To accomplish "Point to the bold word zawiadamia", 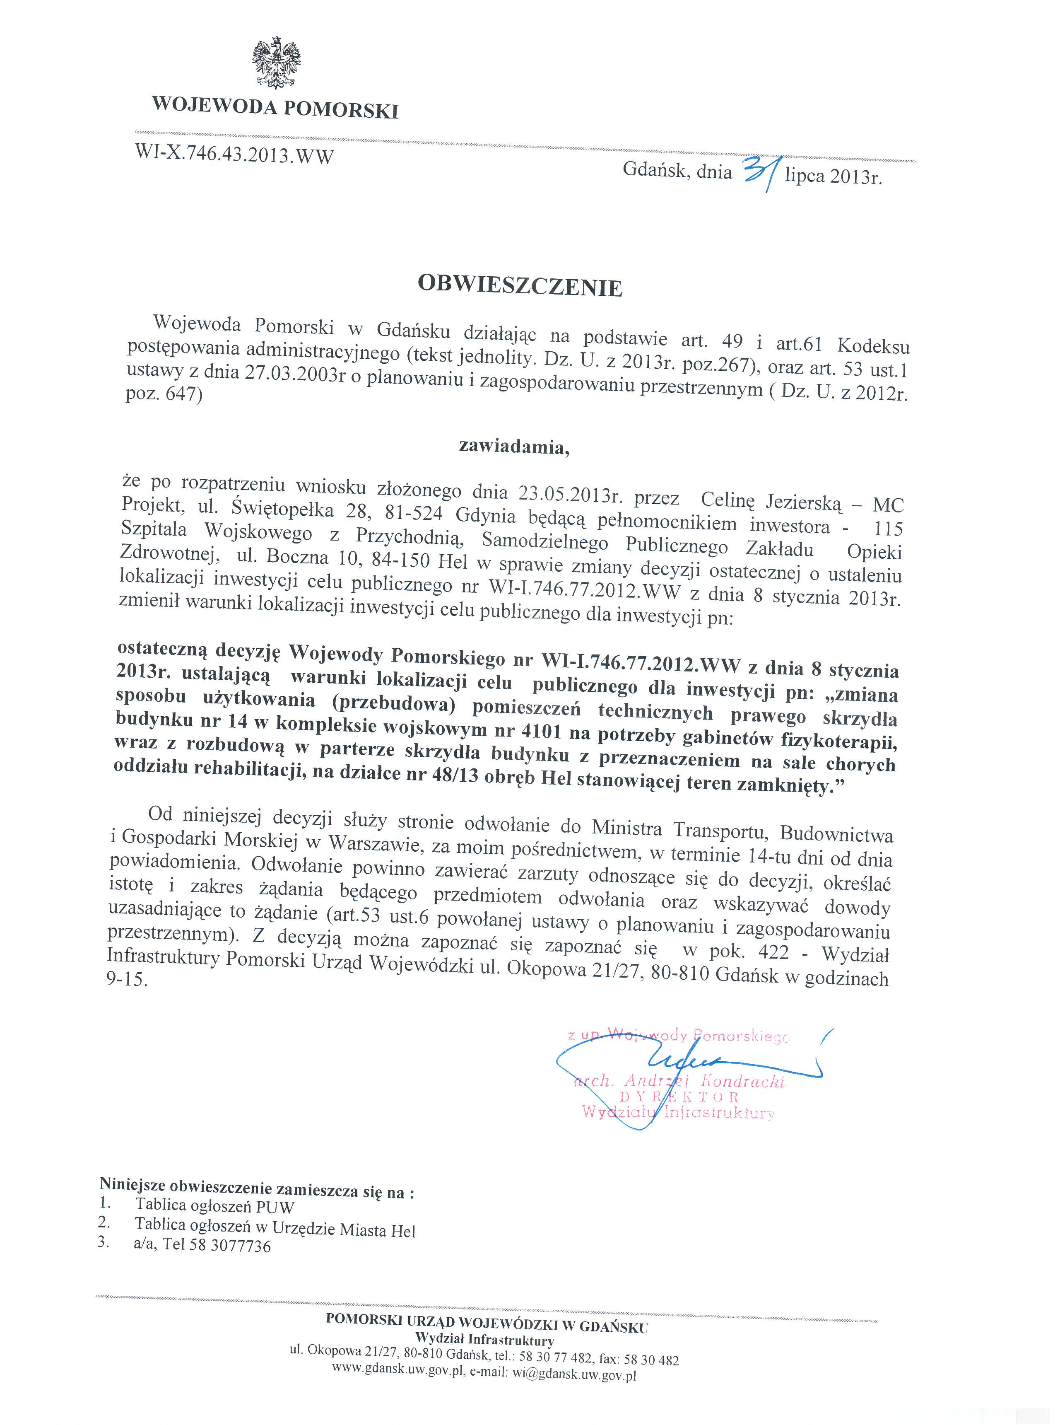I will pyautogui.click(x=513, y=447).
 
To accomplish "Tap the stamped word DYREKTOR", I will pyautogui.click(x=679, y=1097).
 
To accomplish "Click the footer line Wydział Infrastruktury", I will pyautogui.click(x=484, y=1340).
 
